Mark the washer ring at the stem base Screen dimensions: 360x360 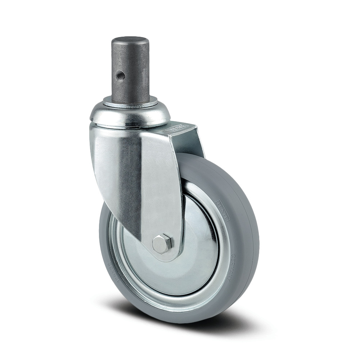130,103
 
